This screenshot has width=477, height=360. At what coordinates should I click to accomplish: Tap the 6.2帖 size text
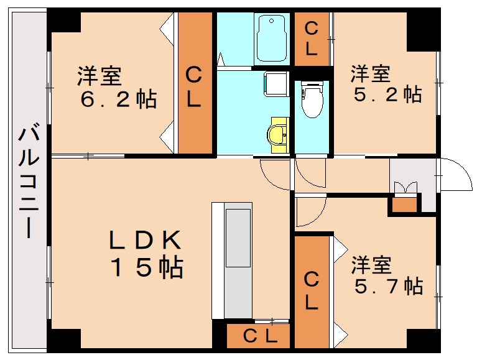[118, 99]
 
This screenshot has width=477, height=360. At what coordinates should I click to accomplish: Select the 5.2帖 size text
[386, 94]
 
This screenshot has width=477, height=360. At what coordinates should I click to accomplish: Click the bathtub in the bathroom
[272, 39]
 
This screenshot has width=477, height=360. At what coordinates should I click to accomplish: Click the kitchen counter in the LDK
[232, 260]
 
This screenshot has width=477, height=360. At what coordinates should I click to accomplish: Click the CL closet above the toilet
[311, 39]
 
